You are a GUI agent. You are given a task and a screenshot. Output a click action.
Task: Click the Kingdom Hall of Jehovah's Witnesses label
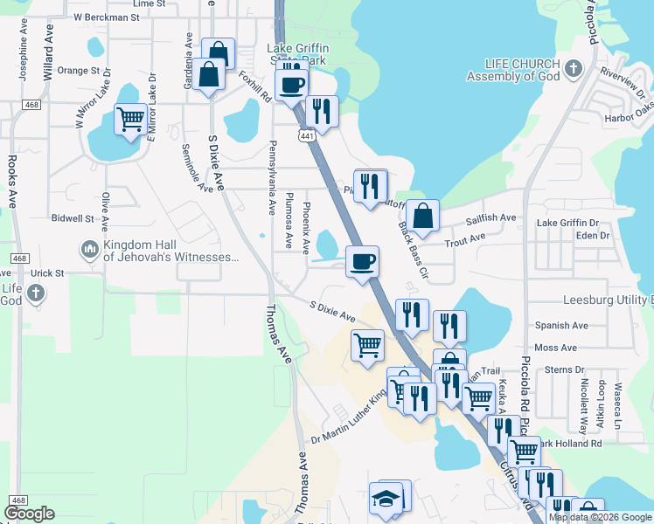[170, 251]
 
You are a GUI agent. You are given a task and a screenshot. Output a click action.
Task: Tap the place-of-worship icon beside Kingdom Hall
[89, 251]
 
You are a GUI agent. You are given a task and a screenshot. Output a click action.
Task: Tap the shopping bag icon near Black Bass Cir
[422, 215]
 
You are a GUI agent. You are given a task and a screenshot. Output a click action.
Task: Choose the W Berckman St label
[107, 17]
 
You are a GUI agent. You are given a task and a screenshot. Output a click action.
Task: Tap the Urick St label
[48, 273]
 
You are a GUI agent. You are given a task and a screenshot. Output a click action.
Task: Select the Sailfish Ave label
[491, 218]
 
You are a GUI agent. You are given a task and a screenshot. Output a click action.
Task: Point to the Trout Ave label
[465, 238]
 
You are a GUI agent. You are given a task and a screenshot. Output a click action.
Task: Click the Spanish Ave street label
[561, 326]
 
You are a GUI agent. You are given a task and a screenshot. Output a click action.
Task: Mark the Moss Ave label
[556, 348]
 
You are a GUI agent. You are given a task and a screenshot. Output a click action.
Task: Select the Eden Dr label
[592, 236]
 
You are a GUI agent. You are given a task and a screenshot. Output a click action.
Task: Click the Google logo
[29, 514]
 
